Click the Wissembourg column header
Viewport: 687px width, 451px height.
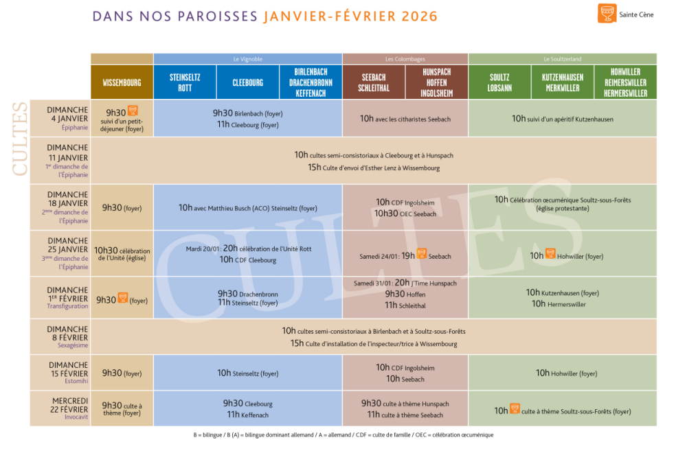click(x=122, y=82)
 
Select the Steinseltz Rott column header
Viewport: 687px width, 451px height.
click(x=185, y=82)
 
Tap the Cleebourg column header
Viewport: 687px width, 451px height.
click(x=248, y=82)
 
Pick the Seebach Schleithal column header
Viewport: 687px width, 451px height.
click(x=374, y=82)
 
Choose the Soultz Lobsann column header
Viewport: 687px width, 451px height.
click(x=499, y=82)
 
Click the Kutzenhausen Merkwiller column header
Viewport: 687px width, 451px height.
click(x=562, y=82)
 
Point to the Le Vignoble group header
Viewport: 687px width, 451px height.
click(x=247, y=59)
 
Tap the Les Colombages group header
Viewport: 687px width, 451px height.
click(x=405, y=59)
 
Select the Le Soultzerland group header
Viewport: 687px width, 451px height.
click(x=562, y=59)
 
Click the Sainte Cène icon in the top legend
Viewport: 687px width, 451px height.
click(x=607, y=14)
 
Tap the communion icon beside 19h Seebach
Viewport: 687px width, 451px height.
click(x=422, y=253)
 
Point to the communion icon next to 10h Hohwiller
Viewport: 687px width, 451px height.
click(x=550, y=253)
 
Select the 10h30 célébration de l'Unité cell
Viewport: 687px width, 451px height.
click(x=122, y=254)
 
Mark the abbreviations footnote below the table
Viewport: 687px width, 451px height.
click(x=343, y=435)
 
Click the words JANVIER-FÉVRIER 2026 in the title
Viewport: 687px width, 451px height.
click(x=350, y=16)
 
